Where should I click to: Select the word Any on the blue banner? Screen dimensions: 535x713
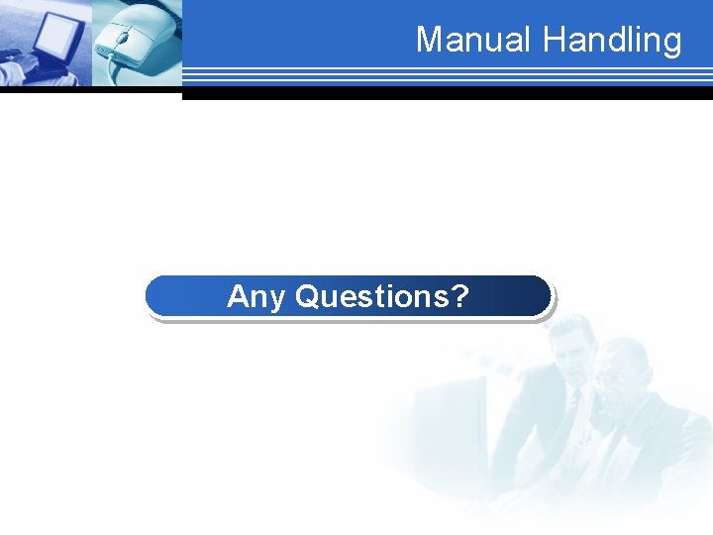coord(256,296)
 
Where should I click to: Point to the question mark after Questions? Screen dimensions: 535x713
coord(458,295)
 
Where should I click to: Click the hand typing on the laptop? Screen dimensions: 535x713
coord(20,69)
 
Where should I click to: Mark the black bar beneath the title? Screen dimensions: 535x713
coord(446,94)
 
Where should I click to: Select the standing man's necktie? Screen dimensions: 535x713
coord(573,406)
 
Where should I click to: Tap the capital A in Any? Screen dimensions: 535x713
coord(237,295)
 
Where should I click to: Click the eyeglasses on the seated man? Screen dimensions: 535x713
coord(616,375)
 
